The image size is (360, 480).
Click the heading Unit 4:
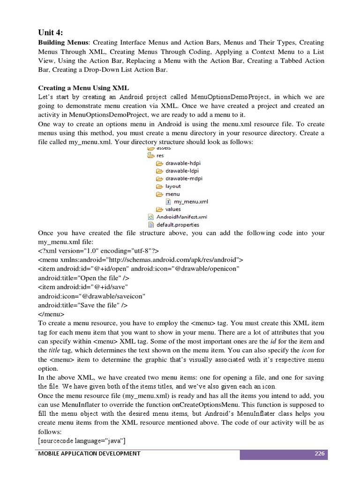pyautogui.click(x=50, y=32)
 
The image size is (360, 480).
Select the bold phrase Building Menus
pyautogui.click(x=60, y=43)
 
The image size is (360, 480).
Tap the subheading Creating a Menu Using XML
pyautogui.click(x=83, y=88)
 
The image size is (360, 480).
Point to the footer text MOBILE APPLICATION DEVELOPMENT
pyautogui.click(x=90, y=453)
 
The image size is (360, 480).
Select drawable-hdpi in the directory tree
pyautogui.click(x=183, y=163)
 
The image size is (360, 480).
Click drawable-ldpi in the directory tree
pyautogui.click(x=183, y=171)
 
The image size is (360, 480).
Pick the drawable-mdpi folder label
pyautogui.click(x=184, y=179)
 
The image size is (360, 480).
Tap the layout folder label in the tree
pyautogui.click(x=173, y=186)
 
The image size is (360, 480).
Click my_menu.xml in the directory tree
pyautogui.click(x=190, y=202)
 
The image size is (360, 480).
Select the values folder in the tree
pyautogui.click(x=173, y=209)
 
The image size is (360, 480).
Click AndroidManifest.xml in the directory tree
pyautogui.click(x=181, y=217)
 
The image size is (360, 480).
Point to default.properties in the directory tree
pyautogui.click(x=177, y=225)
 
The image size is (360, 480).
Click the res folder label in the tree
pyautogui.click(x=160, y=155)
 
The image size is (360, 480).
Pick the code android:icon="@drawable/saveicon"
pyautogui.click(x=91, y=296)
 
